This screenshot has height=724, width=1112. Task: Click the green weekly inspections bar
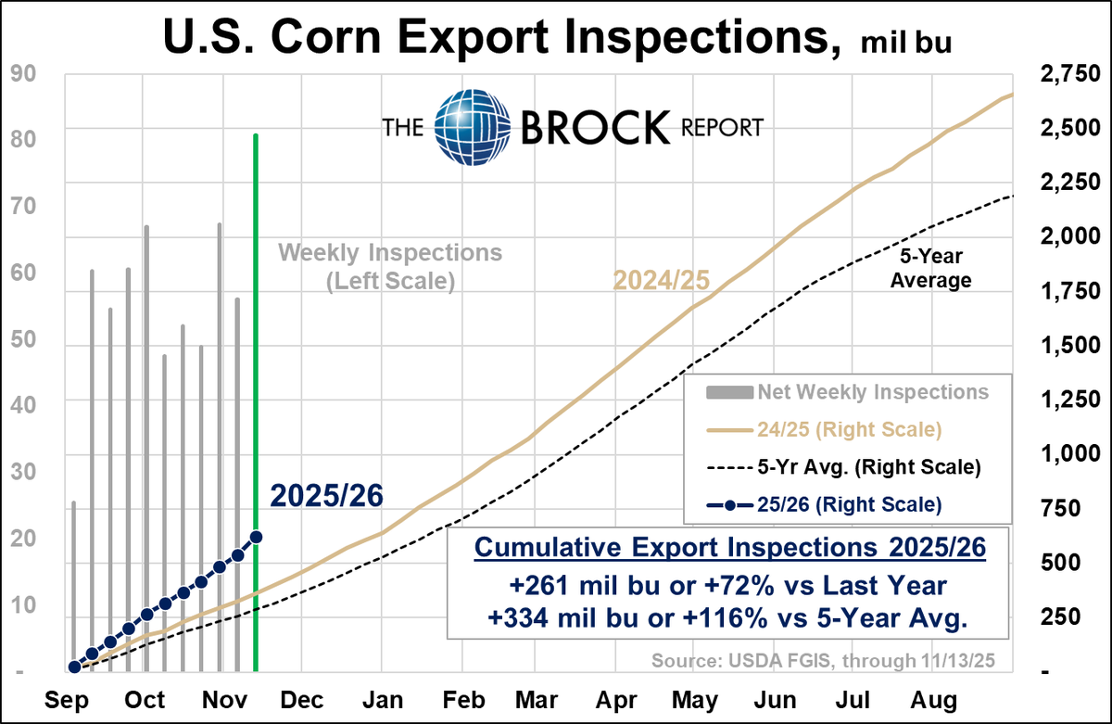tap(255, 399)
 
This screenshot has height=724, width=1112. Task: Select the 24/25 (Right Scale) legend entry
tap(847, 430)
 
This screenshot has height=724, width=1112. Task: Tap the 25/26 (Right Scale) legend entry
tap(847, 505)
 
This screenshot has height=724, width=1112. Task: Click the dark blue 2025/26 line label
tap(326, 497)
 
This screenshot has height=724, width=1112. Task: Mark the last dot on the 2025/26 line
tap(256, 537)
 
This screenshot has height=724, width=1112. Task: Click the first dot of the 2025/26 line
tap(73, 667)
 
